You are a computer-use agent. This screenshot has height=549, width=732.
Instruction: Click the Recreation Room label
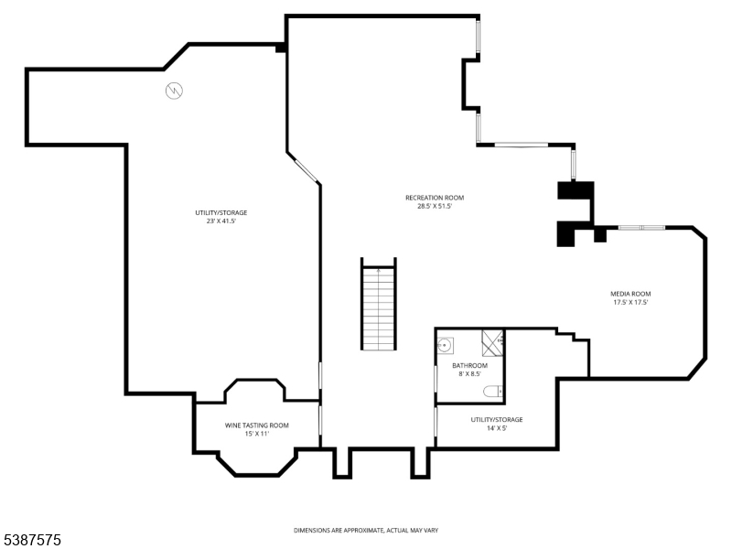pyautogui.click(x=434, y=198)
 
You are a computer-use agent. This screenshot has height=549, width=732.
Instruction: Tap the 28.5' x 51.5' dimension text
pyautogui.click(x=434, y=206)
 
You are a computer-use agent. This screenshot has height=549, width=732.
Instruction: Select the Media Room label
pyautogui.click(x=630, y=294)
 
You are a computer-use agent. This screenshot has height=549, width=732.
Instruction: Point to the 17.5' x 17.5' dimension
pyautogui.click(x=630, y=302)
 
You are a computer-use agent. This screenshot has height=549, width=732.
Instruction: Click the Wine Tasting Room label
pyautogui.click(x=257, y=425)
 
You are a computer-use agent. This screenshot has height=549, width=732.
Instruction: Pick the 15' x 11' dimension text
pyautogui.click(x=257, y=434)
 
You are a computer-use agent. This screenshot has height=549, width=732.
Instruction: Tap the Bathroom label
pyautogui.click(x=469, y=365)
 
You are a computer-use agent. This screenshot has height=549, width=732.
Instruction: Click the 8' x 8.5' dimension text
pyautogui.click(x=469, y=374)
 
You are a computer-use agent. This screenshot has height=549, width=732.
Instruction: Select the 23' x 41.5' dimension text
pyautogui.click(x=221, y=221)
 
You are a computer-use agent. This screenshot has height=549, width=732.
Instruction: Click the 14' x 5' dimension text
pyautogui.click(x=497, y=428)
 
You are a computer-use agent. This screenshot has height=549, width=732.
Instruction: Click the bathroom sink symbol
pyautogui.click(x=445, y=346)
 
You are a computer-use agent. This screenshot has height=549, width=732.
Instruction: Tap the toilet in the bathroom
pyautogui.click(x=493, y=391)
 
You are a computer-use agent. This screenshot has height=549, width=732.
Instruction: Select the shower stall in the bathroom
pyautogui.click(x=492, y=343)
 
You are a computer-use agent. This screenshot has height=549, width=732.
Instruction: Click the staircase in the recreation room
pyautogui.click(x=379, y=304)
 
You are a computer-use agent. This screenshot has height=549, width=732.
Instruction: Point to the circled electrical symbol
pyautogui.click(x=174, y=90)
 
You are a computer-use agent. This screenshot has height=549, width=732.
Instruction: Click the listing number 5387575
pyautogui.click(x=31, y=540)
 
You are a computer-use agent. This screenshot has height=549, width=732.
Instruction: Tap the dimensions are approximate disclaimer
pyautogui.click(x=365, y=531)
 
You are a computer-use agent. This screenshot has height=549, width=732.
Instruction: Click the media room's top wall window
pyautogui.click(x=641, y=228)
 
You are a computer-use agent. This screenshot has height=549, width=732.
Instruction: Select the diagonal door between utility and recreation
pyautogui.click(x=307, y=170)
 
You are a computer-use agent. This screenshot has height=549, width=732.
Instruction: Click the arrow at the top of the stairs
pyautogui.click(x=378, y=271)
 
